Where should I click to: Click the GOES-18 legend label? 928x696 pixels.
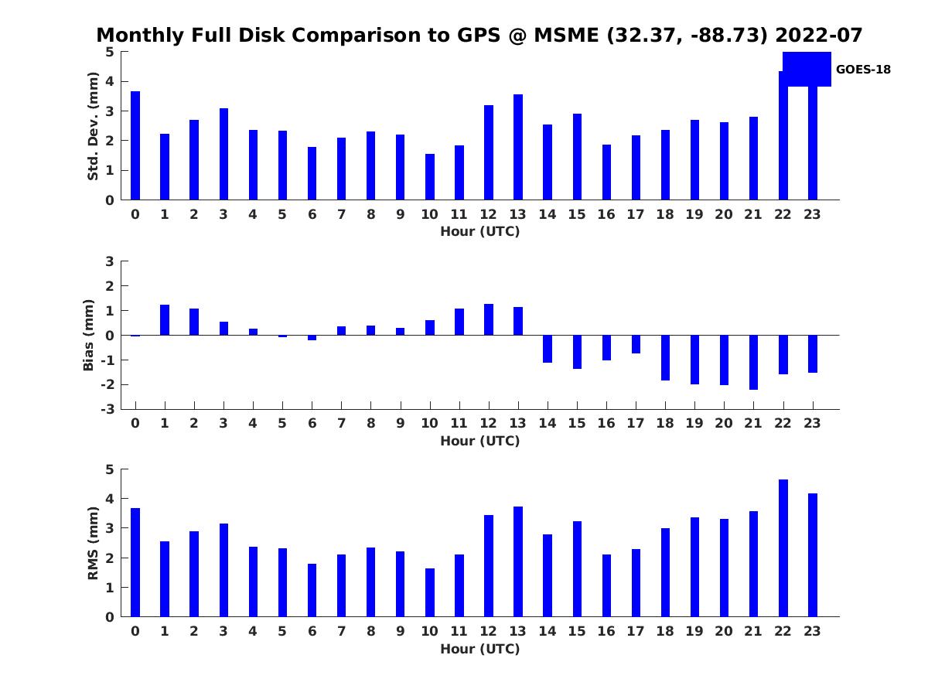tap(863, 70)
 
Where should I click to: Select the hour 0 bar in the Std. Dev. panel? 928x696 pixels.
tap(135, 145)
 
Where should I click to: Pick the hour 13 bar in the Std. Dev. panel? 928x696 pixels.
tap(518, 147)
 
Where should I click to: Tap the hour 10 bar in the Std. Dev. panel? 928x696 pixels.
tap(430, 177)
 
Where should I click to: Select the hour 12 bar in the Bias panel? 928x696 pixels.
tap(489, 319)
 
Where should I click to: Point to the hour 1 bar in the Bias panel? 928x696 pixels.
tap(165, 320)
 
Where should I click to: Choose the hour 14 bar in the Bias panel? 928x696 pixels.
tap(548, 349)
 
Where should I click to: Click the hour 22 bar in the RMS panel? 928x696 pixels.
tap(783, 548)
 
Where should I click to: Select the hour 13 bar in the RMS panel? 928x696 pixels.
tap(518, 561)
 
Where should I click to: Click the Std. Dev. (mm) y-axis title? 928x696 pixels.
tap(94, 126)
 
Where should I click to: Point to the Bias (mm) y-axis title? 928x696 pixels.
tap(90, 335)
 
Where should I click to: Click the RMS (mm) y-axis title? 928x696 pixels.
tap(94, 543)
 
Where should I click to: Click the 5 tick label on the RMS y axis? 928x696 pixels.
tap(110, 469)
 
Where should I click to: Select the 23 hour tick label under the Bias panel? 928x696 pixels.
tap(813, 423)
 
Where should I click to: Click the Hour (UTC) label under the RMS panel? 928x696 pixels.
tap(479, 649)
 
